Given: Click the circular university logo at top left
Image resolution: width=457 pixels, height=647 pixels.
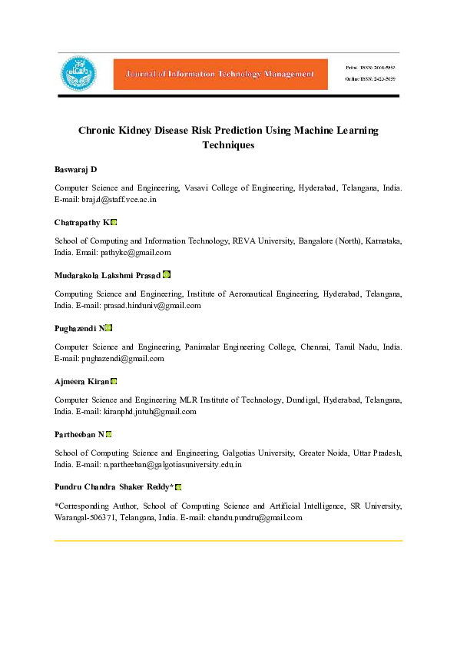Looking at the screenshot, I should (x=79, y=74).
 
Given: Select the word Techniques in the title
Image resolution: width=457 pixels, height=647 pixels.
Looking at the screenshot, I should (x=228, y=144).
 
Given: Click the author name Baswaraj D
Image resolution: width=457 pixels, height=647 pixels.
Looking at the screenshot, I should (x=75, y=169).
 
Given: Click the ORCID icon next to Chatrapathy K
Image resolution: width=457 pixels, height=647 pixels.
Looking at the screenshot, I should (x=114, y=222).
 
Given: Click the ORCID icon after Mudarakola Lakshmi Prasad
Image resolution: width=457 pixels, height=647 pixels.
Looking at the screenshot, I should (x=167, y=275).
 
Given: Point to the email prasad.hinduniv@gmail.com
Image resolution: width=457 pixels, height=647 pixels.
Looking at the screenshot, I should (x=151, y=305).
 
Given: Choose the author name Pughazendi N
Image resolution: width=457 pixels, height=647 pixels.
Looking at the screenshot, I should (x=79, y=328).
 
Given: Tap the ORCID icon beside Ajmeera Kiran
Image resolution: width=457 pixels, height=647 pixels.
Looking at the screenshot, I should (x=114, y=381).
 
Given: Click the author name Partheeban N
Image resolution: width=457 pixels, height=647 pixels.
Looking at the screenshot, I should (x=79, y=434).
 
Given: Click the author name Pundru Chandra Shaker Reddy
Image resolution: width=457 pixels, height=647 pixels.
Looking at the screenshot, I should (x=114, y=487).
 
